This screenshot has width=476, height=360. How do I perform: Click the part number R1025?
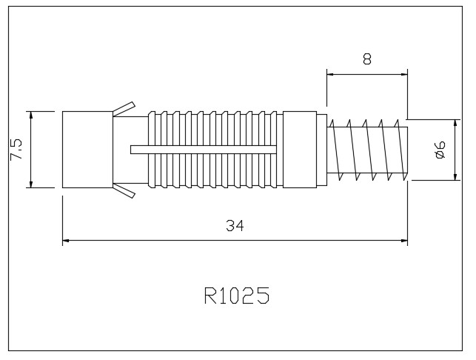(x=235, y=296)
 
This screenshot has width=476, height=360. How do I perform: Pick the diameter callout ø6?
(x=438, y=149)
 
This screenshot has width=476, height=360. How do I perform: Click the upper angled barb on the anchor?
(x=124, y=108)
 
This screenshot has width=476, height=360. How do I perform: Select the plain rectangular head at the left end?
(x=87, y=149)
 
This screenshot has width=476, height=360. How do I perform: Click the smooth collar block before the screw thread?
(x=300, y=149)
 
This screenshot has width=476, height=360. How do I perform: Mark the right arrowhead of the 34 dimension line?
(x=404, y=240)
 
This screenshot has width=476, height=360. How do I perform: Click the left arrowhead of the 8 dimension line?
(x=329, y=74)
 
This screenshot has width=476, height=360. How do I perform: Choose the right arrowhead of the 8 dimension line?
(x=404, y=74)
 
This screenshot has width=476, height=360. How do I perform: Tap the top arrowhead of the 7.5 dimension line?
(x=30, y=114)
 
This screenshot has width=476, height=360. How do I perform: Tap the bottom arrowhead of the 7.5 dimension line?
(x=30, y=185)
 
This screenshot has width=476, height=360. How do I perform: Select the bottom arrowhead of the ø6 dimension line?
(x=455, y=177)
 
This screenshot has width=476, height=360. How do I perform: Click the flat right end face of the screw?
(x=407, y=150)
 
